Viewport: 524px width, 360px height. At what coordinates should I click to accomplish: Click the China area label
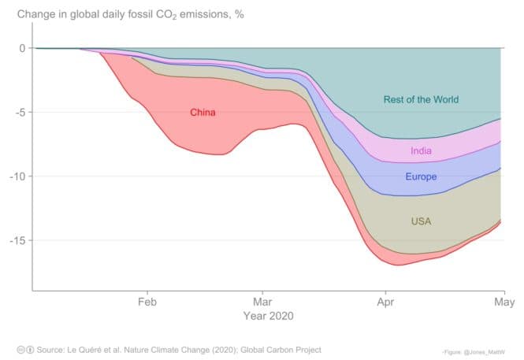click(x=203, y=113)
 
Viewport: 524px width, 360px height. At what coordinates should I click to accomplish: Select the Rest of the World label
click(x=421, y=100)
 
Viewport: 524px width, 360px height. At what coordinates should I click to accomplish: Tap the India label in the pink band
click(x=421, y=151)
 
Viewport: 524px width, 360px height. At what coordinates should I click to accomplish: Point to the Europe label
click(x=421, y=177)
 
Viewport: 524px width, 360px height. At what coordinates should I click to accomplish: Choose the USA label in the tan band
click(x=421, y=222)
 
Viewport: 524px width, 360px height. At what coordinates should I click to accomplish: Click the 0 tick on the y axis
click(x=22, y=48)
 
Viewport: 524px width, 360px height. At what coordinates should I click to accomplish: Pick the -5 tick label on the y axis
click(x=20, y=112)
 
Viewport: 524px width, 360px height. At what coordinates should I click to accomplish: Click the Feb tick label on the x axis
click(x=147, y=302)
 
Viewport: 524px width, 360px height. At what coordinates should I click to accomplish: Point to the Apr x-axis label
click(x=385, y=302)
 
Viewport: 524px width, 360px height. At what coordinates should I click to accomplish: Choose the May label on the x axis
click(x=504, y=302)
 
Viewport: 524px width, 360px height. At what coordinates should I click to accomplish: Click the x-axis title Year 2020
click(x=269, y=316)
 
